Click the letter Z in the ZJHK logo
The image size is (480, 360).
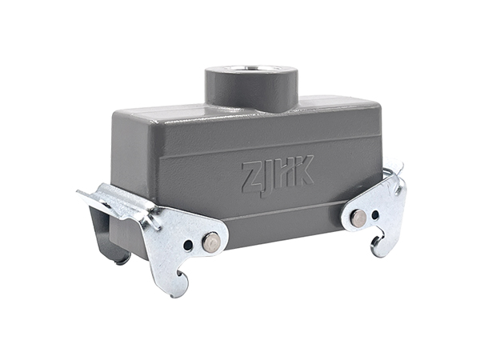pyautogui.click(x=253, y=178)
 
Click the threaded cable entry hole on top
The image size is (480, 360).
pyautogui.click(x=252, y=69)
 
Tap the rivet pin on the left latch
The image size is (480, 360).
pyautogui.click(x=211, y=241)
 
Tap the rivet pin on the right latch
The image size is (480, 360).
pyautogui.click(x=358, y=218)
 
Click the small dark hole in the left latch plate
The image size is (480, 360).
pyautogui.click(x=188, y=245)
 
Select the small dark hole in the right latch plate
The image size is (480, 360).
pyautogui.click(x=375, y=214)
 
